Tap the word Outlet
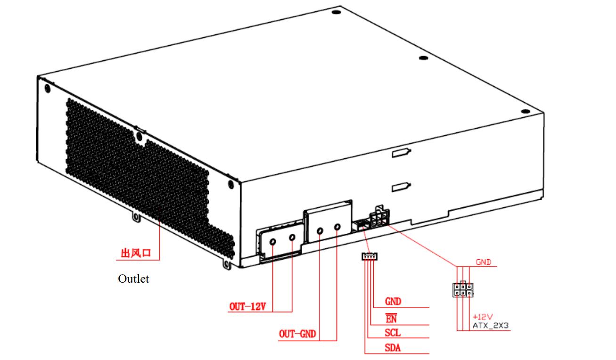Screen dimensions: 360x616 click(133, 279)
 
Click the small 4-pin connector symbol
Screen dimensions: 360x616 click(370, 256)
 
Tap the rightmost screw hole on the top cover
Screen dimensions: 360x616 click(526, 111)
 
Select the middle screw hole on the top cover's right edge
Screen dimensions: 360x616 click(423, 58)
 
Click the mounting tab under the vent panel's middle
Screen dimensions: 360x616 click(135, 218)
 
